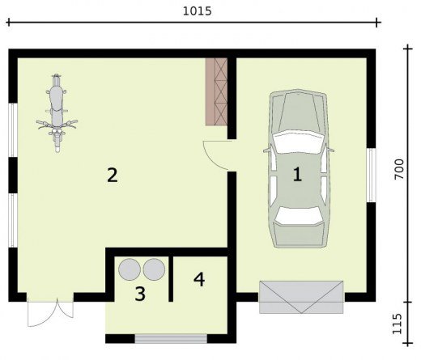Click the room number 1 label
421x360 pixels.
297,174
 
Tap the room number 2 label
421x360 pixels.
113,175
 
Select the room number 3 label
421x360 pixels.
140,294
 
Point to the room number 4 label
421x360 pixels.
199,279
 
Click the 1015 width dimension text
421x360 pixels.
198,11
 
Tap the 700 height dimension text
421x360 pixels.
399,169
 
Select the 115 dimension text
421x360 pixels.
397,324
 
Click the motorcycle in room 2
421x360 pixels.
57,113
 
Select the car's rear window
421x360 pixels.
299,215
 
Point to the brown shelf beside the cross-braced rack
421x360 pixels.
210,91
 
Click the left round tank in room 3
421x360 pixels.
130,269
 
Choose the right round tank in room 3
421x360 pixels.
154,269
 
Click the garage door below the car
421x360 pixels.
301,297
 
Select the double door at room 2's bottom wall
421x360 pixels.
50,312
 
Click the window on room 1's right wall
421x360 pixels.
372,175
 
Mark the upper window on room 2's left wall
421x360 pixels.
12,130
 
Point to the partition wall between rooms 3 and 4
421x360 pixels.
171,279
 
